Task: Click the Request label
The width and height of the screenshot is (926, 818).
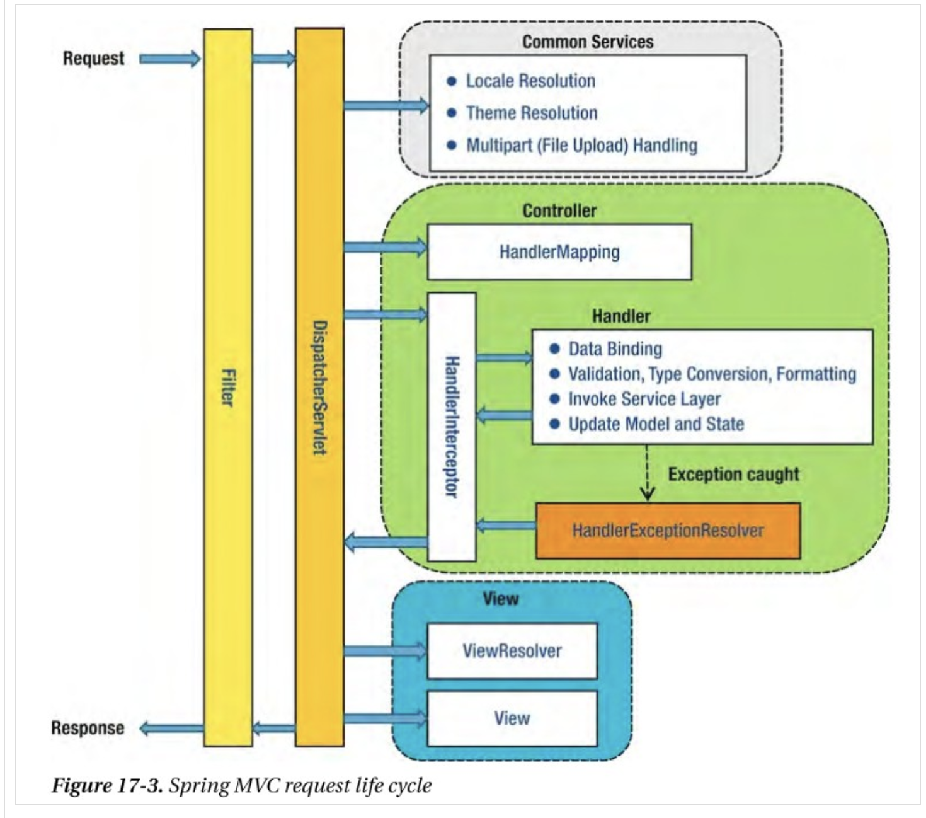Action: pyautogui.click(x=93, y=59)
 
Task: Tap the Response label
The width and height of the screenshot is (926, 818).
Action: pyautogui.click(x=88, y=728)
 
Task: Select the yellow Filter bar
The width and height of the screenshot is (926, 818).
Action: pyautogui.click(x=228, y=388)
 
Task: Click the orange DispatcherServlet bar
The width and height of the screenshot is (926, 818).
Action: pyautogui.click(x=319, y=388)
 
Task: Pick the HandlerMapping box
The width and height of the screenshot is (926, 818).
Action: pyautogui.click(x=559, y=252)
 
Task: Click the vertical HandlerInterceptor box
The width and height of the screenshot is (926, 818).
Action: pyautogui.click(x=452, y=427)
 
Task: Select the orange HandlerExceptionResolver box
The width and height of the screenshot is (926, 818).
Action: pyautogui.click(x=668, y=530)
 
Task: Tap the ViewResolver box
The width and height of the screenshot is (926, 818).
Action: pyautogui.click(x=512, y=650)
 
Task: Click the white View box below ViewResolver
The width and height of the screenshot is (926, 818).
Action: pyautogui.click(x=512, y=718)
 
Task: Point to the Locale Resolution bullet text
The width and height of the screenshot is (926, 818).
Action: pyautogui.click(x=530, y=81)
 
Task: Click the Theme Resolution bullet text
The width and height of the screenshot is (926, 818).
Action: pyautogui.click(x=531, y=113)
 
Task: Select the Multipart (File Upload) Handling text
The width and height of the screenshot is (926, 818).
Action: pyautogui.click(x=581, y=146)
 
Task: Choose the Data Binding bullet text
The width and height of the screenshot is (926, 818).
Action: pyautogui.click(x=615, y=349)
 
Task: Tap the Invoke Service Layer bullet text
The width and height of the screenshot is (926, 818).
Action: pyautogui.click(x=644, y=399)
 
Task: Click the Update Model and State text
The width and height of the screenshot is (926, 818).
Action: pyautogui.click(x=656, y=424)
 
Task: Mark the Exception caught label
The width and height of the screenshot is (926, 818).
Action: pyautogui.click(x=733, y=474)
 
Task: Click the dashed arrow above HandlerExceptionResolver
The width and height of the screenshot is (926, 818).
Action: pyautogui.click(x=647, y=473)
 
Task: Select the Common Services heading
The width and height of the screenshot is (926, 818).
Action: pyautogui.click(x=588, y=42)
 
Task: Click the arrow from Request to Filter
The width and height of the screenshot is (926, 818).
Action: pyautogui.click(x=169, y=59)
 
